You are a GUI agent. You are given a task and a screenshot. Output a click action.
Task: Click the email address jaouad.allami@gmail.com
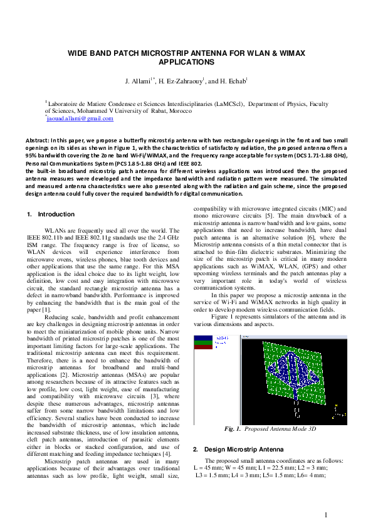(x=80, y=118)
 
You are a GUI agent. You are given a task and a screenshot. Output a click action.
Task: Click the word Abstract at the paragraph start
(x=37, y=140)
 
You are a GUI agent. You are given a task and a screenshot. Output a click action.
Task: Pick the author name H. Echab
(x=231, y=82)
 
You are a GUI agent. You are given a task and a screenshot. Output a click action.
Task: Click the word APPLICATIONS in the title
(x=187, y=63)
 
